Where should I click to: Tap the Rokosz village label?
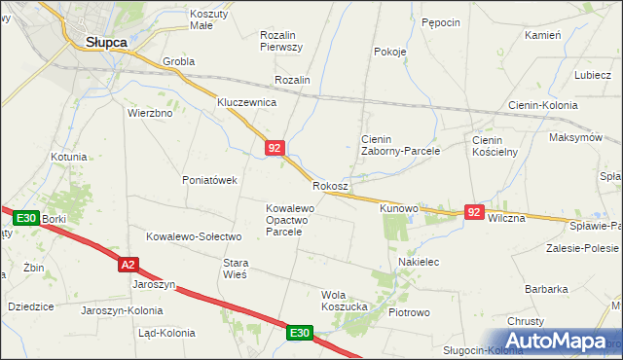pyautogui.click(x=331, y=185)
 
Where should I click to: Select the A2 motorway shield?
pyautogui.click(x=128, y=264)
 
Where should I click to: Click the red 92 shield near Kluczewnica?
pyautogui.click(x=274, y=148)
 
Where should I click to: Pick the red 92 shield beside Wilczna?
pyautogui.click(x=474, y=211)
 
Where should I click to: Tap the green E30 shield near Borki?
pyautogui.click(x=26, y=219)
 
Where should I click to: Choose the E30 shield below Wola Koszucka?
pyautogui.click(x=300, y=333)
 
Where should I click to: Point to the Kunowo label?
pyautogui.click(x=398, y=208)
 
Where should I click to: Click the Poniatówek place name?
pyautogui.click(x=210, y=180)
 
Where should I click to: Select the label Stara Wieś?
pyautogui.click(x=236, y=269)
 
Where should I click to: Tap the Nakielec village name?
pyautogui.click(x=420, y=262)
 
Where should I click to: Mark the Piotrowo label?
pyautogui.click(x=409, y=313)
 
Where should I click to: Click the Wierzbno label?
pyautogui.click(x=150, y=113)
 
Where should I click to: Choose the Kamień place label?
pyautogui.click(x=542, y=35)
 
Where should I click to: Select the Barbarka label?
pyautogui.click(x=546, y=289)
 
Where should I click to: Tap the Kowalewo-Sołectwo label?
pyautogui.click(x=193, y=236)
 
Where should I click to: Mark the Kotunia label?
pyautogui.click(x=69, y=157)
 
